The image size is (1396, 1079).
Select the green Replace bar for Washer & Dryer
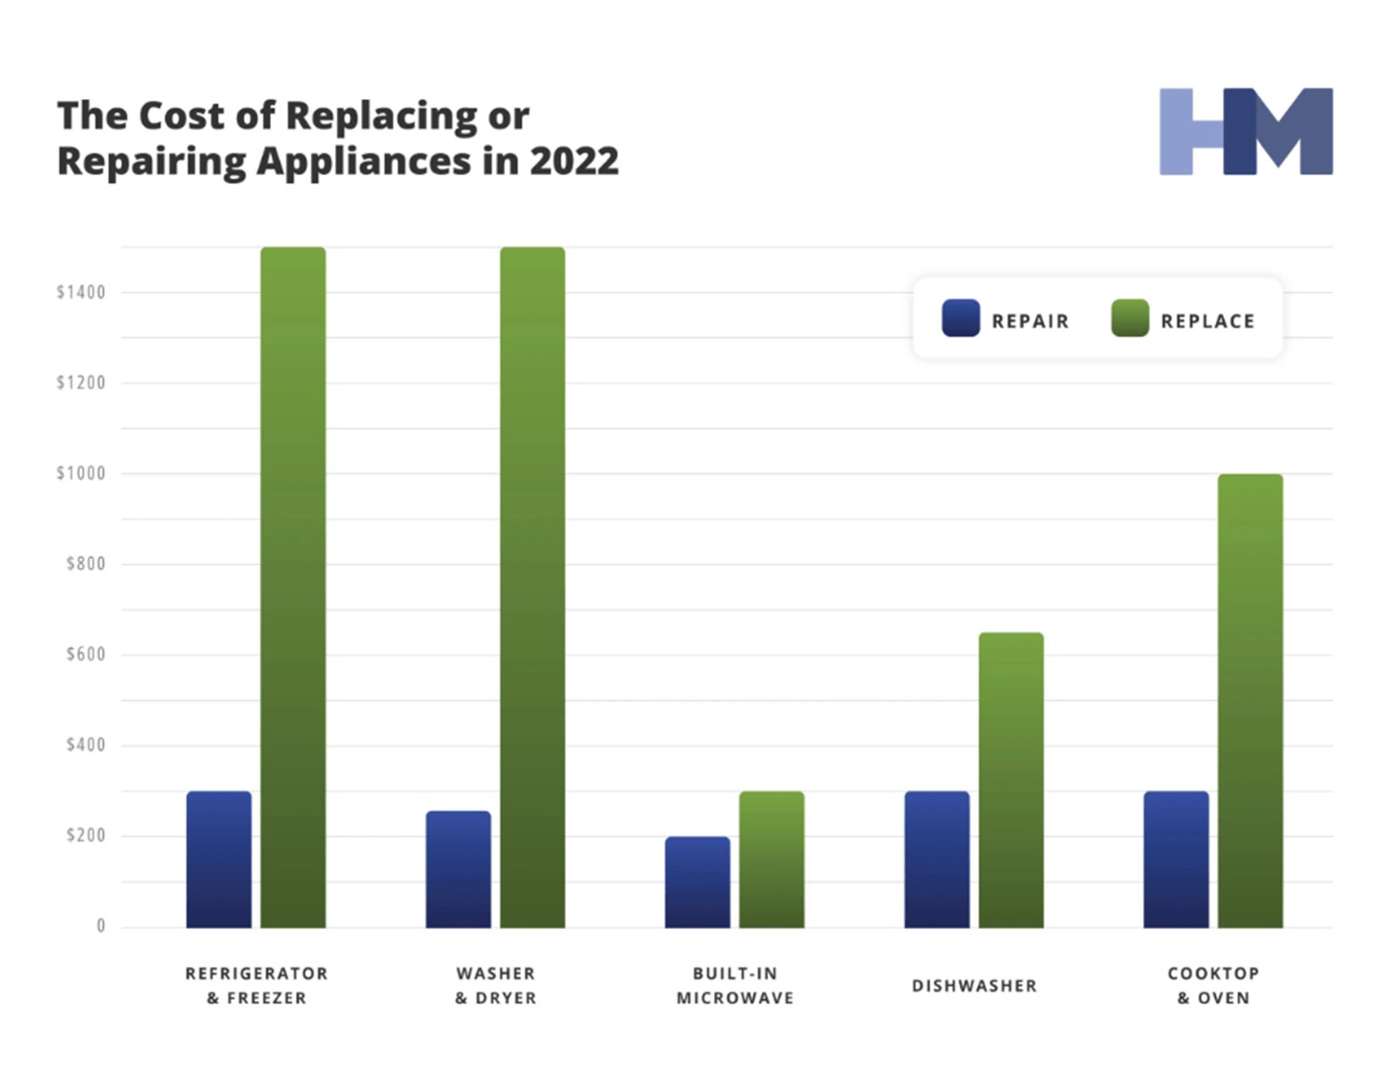pyautogui.click(x=532, y=587)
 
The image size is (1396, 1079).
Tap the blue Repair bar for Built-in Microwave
pyautogui.click(x=697, y=882)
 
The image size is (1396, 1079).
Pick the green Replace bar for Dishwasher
pyautogui.click(x=1011, y=779)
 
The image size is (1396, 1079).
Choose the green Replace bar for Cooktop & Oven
pyautogui.click(x=1250, y=701)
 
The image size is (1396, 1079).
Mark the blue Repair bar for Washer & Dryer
pyautogui.click(x=458, y=869)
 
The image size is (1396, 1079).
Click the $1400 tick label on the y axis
pyautogui.click(x=81, y=293)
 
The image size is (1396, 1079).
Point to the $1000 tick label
pyautogui.click(x=81, y=474)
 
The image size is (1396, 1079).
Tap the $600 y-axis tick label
pyautogui.click(x=85, y=654)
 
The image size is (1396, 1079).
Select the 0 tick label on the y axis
pyautogui.click(x=101, y=926)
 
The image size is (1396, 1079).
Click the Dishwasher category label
pyautogui.click(x=974, y=986)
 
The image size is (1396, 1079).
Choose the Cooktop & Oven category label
pyautogui.click(x=1213, y=986)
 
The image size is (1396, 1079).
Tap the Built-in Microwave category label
pyautogui.click(x=735, y=986)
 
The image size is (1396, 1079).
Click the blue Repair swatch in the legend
pyautogui.click(x=961, y=318)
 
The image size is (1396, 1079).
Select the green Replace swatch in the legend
pyautogui.click(x=1129, y=318)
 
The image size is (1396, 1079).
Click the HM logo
pyautogui.click(x=1245, y=132)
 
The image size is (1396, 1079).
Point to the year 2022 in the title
pyautogui.click(x=574, y=161)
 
